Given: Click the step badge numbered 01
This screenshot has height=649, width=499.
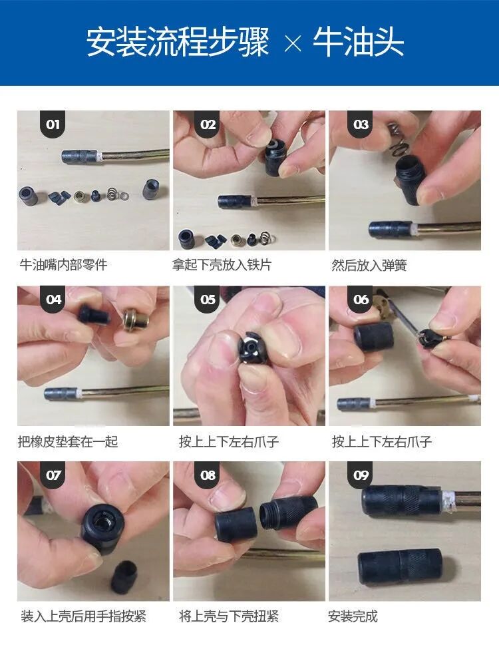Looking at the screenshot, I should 53,124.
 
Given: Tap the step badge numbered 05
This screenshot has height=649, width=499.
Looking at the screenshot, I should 208,300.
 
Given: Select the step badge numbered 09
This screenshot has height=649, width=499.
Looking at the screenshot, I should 361,475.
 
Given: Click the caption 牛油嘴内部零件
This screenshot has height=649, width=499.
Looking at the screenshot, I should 63,265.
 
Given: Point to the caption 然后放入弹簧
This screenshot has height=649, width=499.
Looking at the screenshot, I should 369,265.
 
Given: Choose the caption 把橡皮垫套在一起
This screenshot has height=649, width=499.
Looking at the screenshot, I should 68,441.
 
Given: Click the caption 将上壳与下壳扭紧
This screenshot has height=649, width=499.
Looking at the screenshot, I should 228,616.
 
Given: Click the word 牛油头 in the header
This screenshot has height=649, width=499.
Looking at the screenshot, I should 359,43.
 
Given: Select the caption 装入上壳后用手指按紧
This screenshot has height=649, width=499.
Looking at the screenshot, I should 83,616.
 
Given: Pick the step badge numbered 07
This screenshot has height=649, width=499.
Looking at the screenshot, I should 53,475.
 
